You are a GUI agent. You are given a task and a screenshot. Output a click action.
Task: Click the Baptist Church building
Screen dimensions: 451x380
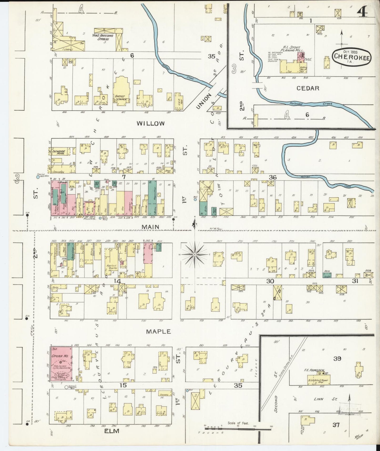click(x=121, y=91)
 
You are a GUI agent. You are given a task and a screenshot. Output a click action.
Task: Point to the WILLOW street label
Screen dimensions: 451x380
click(x=151, y=123)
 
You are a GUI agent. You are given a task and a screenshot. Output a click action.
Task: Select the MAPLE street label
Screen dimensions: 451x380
click(x=158, y=332)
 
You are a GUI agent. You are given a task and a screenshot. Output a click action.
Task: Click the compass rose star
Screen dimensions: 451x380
click(x=195, y=254)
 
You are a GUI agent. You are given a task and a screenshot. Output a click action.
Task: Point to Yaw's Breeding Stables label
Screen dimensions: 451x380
click(x=105, y=37)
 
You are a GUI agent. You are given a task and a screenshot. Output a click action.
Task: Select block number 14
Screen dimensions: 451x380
click(x=117, y=281)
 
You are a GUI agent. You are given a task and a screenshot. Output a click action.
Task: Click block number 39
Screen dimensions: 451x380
click(x=337, y=359)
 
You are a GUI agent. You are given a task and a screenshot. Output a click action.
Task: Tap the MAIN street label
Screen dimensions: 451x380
click(x=150, y=227)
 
